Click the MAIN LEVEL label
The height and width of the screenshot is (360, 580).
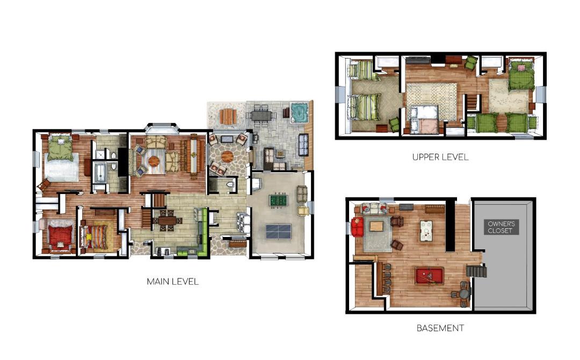[173, 282]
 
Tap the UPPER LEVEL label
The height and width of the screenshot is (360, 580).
[440, 157]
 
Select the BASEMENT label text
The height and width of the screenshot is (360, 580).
[440, 328]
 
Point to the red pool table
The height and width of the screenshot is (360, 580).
[429, 276]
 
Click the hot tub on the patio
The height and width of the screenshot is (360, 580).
[299, 112]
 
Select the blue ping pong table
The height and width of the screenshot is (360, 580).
[279, 232]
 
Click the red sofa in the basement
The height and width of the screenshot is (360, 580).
[357, 227]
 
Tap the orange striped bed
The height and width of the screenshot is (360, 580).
[95, 236]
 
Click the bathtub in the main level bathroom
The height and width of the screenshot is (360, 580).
[99, 173]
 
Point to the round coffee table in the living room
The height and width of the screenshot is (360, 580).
[154, 161]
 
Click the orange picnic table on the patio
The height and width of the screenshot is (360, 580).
[228, 116]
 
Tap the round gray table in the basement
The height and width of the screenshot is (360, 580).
[464, 294]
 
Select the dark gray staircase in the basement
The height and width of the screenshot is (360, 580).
[476, 271]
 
